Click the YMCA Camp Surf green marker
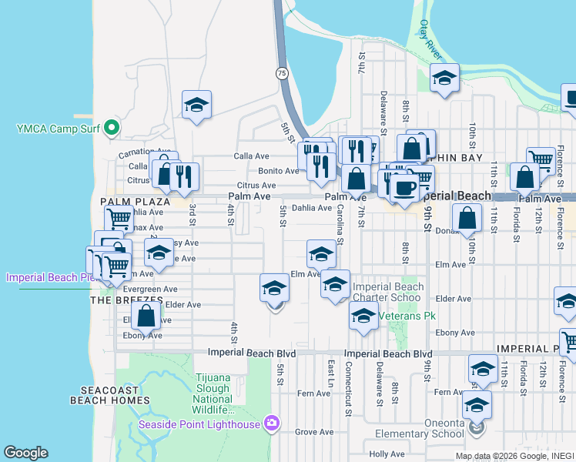(x=112, y=127)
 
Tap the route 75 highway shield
(x=283, y=72)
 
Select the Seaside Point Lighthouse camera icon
(x=270, y=423)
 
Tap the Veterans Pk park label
(x=403, y=315)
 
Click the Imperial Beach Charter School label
(x=387, y=293)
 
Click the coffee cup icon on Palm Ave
(x=405, y=187)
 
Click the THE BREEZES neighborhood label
(x=127, y=299)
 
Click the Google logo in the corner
(x=25, y=453)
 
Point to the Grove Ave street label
(x=313, y=432)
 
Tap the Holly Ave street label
(x=387, y=454)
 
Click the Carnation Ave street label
(x=143, y=152)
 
